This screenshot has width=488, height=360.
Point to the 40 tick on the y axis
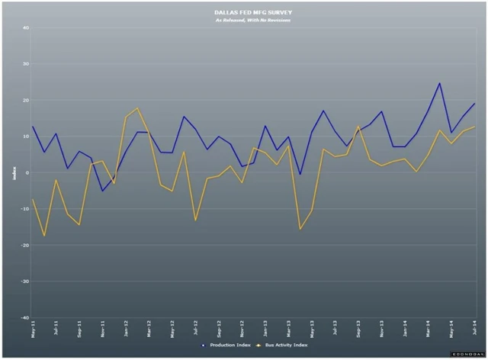[25, 28]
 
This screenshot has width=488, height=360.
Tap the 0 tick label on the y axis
[27, 173]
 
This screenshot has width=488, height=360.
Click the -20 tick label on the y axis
[24, 246]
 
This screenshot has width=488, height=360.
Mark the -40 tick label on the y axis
[24, 317]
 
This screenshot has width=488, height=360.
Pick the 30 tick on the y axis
[25, 64]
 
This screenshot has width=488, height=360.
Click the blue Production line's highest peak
[439, 83]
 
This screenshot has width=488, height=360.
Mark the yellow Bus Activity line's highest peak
[137, 108]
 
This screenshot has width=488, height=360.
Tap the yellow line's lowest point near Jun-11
[44, 236]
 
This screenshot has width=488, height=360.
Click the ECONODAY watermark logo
[466, 355]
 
